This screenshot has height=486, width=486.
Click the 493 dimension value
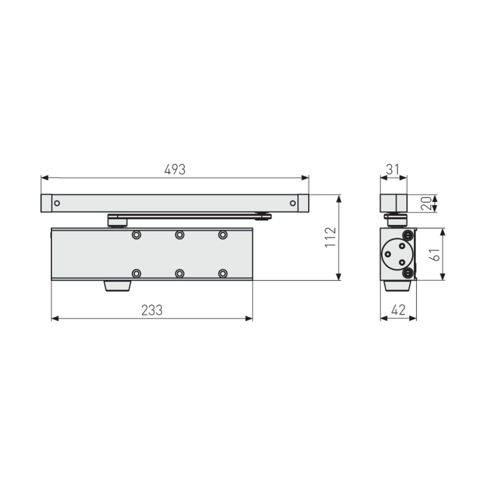pos(175,170)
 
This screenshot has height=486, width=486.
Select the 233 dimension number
pos(152,310)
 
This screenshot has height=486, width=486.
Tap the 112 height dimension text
pos(330,237)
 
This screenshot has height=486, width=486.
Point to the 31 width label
pos(393,170)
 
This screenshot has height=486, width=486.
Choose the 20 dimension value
pos(427,203)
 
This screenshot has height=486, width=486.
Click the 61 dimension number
pos(434,255)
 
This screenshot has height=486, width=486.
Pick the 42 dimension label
pos(399,310)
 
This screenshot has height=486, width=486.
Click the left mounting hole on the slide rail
pos(57,203)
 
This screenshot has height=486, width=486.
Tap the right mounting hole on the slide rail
pos(293,203)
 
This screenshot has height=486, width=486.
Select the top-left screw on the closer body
pos(137,235)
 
